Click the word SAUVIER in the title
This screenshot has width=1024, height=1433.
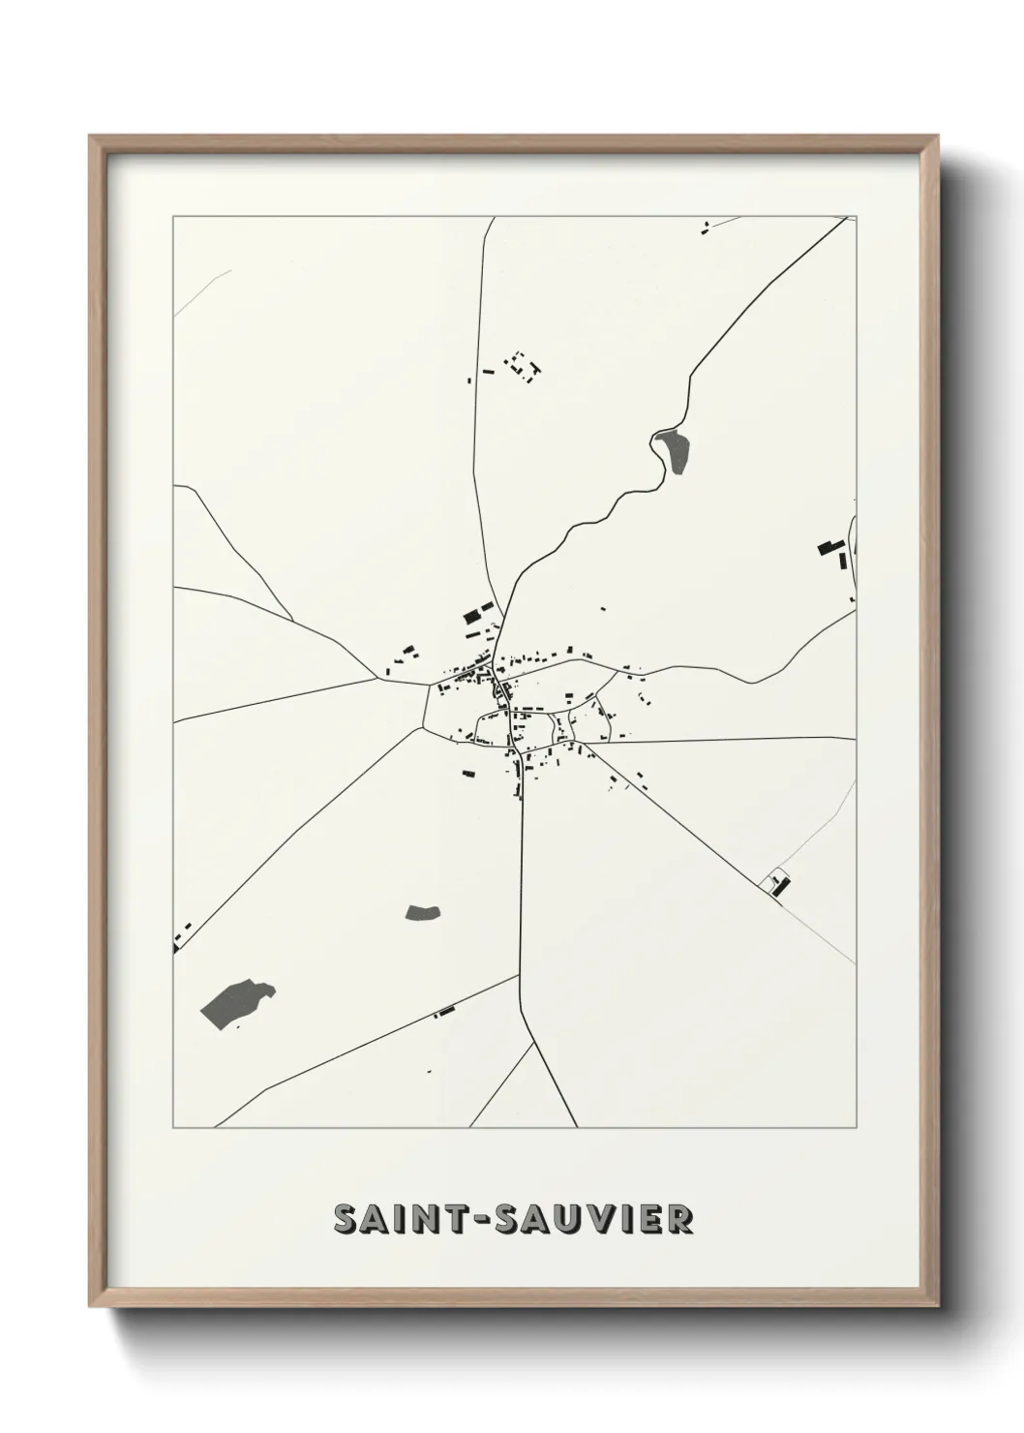[x=594, y=1219]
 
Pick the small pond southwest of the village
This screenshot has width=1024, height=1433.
[x=423, y=911]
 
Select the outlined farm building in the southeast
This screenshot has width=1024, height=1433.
[x=778, y=882]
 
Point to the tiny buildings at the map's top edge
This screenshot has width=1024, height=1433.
[x=706, y=229]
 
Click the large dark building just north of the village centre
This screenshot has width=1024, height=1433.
[x=472, y=614]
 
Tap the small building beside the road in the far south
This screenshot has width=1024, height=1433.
[x=444, y=1012]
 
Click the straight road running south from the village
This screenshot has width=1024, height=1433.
[x=522, y=871]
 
